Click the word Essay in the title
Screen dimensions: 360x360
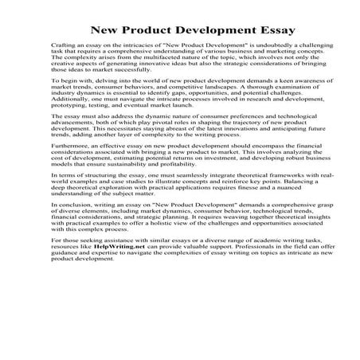[254, 32]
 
